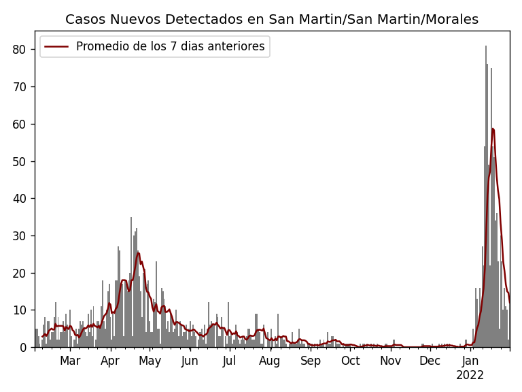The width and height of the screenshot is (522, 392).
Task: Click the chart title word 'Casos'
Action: [86, 20]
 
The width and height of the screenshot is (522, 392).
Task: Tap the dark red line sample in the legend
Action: [56, 47]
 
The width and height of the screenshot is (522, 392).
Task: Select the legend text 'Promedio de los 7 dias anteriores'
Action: [170, 47]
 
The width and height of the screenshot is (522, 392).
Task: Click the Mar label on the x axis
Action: [70, 361]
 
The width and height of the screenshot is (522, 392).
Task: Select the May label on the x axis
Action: [150, 361]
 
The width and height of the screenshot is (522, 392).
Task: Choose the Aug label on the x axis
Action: [269, 361]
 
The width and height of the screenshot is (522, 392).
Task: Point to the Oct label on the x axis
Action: [351, 361]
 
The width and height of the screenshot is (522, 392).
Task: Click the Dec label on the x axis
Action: [430, 361]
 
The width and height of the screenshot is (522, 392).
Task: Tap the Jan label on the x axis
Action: [470, 361]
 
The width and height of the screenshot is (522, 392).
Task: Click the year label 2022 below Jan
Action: [470, 375]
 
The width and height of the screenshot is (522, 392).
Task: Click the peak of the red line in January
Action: [493, 129]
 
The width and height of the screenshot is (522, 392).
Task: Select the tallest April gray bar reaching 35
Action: [131, 218]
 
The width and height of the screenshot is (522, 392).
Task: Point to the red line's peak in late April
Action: [138, 252]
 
